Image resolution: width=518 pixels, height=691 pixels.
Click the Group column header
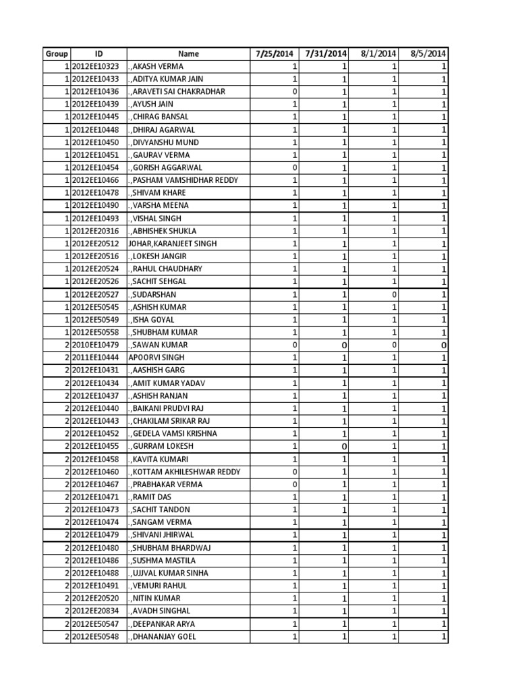[x=57, y=54]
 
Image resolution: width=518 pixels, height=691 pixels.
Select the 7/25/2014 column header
[x=275, y=54]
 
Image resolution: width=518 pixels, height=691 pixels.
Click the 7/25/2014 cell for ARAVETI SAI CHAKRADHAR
[x=295, y=92]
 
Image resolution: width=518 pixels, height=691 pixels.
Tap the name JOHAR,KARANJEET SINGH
[x=173, y=244]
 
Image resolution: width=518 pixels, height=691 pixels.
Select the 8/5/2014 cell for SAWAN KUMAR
[x=443, y=345]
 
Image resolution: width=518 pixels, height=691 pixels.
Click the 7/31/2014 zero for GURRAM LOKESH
[x=344, y=446]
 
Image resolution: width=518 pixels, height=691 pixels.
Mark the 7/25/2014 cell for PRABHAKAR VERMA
[x=295, y=484]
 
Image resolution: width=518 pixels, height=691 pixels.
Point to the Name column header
[x=189, y=54]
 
